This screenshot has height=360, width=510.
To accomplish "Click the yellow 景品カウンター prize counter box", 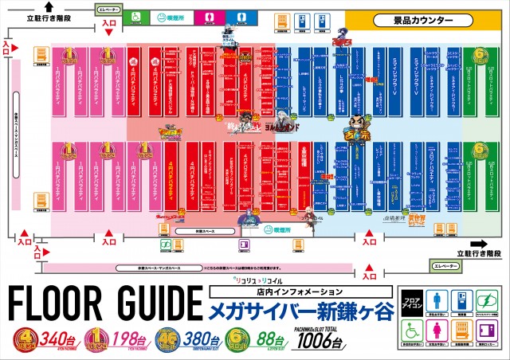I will click(x=422, y=18).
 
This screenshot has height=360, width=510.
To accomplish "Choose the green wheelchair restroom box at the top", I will click(x=136, y=15).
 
